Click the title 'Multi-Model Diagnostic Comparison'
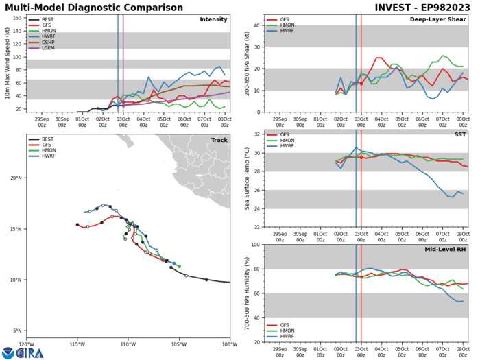tap(95, 7)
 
